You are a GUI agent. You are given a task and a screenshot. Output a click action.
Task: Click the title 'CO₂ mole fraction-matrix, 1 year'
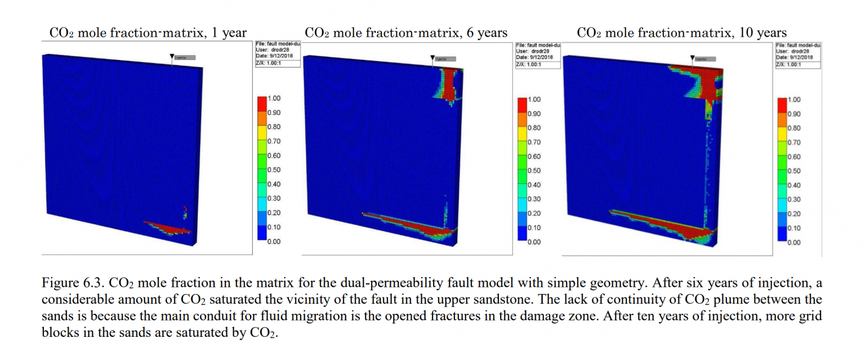pyautogui.click(x=148, y=33)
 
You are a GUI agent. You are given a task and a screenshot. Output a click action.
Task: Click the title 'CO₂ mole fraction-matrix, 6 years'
pyautogui.click(x=405, y=33)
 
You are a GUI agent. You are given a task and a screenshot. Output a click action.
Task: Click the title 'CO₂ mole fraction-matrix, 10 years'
pyautogui.click(x=681, y=33)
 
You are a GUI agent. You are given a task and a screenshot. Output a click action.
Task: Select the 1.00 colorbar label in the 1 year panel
pyautogui.click(x=274, y=99)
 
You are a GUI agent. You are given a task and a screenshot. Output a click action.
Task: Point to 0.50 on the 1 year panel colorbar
pyautogui.click(x=274, y=170)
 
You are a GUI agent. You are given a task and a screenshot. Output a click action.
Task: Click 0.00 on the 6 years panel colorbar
pyautogui.click(x=533, y=242)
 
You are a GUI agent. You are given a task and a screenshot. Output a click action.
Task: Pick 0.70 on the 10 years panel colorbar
pyautogui.click(x=793, y=143)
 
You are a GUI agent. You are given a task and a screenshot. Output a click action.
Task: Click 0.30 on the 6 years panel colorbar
pyautogui.click(x=533, y=199)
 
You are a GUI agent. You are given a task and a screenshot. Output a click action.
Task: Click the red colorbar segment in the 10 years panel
pyautogui.click(x=781, y=105)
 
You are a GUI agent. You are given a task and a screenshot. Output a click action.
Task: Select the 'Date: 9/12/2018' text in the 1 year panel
pyautogui.click(x=275, y=56)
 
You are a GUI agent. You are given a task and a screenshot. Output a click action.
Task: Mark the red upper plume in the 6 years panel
pyautogui.click(x=448, y=85)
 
